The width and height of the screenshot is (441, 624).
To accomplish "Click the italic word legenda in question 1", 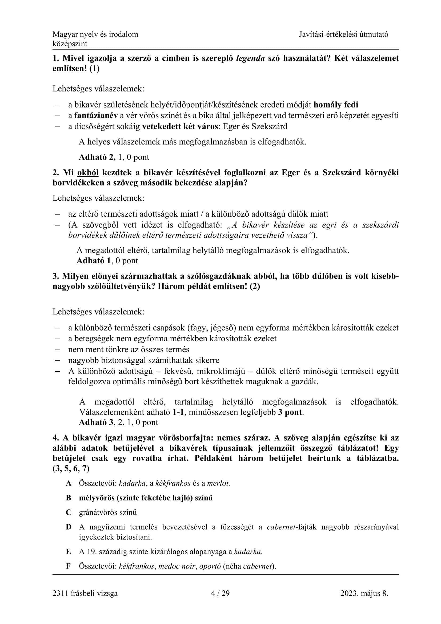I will point(250,58).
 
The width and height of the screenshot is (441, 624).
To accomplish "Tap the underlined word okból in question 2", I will point(88,173).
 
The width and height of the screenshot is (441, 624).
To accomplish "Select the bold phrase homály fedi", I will point(336,105).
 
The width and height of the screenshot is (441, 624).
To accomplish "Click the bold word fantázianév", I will point(96,116).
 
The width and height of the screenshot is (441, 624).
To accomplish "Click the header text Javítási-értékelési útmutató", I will point(343,34).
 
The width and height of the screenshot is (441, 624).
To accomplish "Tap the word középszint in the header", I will point(70,44).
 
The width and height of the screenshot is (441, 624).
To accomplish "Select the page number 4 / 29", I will point(220,593).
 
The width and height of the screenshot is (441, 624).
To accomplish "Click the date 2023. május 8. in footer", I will point(364,593).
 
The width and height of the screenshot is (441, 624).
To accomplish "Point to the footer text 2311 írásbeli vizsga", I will point(85,593).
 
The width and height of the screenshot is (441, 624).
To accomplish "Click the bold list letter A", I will point(69,483).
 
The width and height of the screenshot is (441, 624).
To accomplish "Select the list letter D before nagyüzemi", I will point(69,527).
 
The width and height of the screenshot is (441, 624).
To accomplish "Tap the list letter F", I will point(69,566).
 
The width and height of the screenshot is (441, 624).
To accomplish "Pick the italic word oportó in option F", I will point(210,566).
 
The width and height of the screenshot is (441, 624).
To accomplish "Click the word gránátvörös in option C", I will point(99,512).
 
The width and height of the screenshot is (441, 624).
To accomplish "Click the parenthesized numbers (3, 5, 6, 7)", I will point(71,468).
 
